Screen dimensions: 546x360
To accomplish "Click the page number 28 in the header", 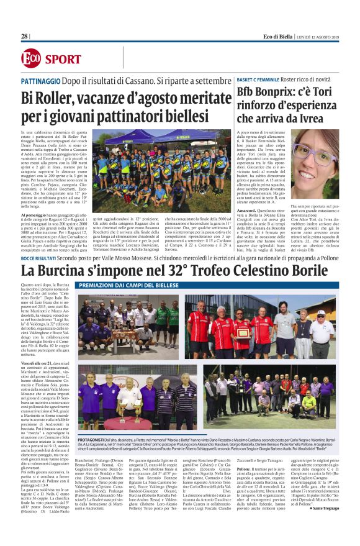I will coord(25,36).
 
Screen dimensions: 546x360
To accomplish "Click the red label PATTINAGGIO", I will coord(41,81).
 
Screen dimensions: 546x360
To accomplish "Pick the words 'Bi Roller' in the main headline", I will coord(47,98).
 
